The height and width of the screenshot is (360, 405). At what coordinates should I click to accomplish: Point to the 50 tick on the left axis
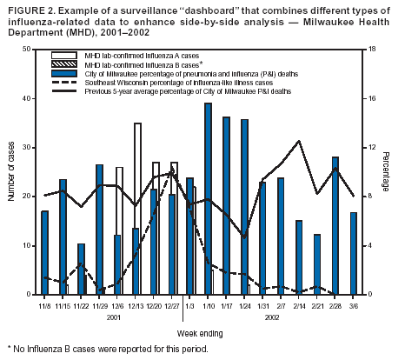(x=31, y=50)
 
